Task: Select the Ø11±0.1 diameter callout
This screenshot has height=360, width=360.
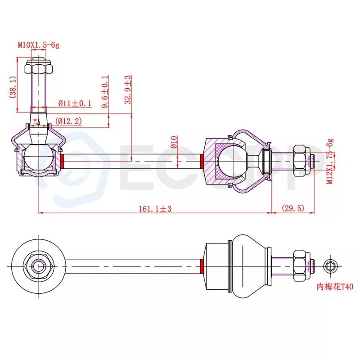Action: [x=75, y=103]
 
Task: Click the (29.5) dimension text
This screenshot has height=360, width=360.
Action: [x=293, y=208]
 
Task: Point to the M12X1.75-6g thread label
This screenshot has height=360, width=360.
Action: [x=330, y=161]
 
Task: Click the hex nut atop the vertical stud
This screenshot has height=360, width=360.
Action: [x=38, y=68]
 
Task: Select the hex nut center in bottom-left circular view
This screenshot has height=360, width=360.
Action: [x=38, y=265]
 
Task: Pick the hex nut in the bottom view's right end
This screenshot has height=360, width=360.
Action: [x=301, y=265]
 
